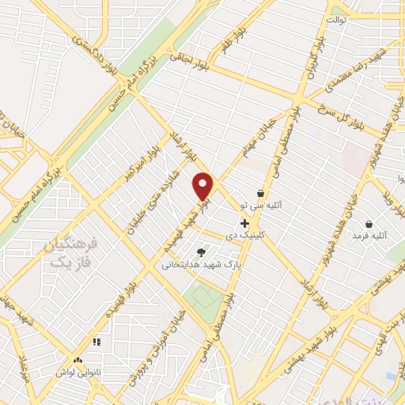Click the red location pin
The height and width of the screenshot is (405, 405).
click(x=203, y=185)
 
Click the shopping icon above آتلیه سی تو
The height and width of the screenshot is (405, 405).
click(x=261, y=193)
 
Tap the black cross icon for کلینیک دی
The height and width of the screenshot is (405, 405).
click(x=244, y=224)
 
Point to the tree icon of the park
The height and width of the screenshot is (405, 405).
click(x=202, y=252)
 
